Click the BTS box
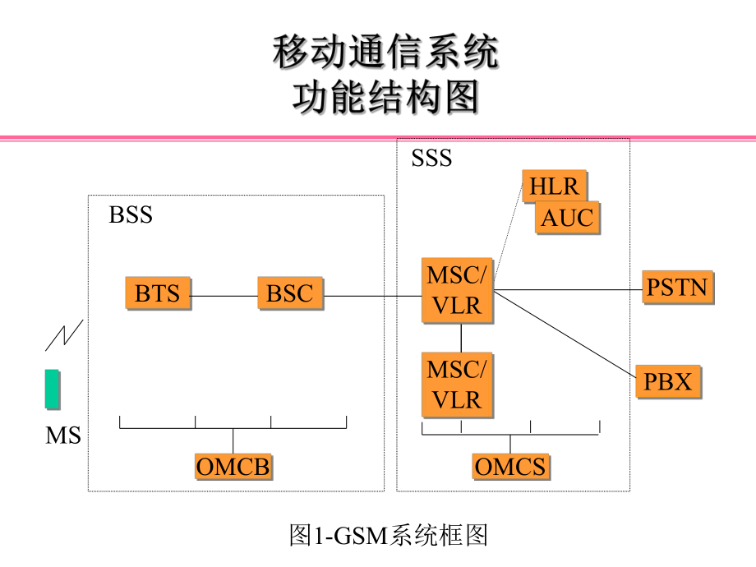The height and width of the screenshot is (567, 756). [x=158, y=293]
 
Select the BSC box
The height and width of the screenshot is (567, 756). [x=290, y=293]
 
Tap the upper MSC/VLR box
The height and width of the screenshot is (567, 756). [x=458, y=290]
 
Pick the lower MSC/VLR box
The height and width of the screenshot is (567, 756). [x=458, y=385]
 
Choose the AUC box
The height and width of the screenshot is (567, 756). [x=566, y=219]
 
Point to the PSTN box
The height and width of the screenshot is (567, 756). [x=676, y=288]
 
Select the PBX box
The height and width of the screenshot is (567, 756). [x=667, y=382]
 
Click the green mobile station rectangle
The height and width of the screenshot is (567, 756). [x=52, y=389]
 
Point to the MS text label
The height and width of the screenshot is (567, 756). [x=63, y=436]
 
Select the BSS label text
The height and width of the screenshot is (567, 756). [x=131, y=215]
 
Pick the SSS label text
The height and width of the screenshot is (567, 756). [x=431, y=158]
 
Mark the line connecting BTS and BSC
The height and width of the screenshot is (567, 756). [x=224, y=295]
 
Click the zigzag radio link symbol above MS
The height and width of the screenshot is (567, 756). [x=63, y=334]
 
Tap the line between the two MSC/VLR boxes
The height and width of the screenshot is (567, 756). [x=461, y=337]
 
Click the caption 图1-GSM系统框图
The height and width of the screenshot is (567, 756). [x=389, y=536]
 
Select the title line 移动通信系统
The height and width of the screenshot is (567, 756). [x=385, y=54]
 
